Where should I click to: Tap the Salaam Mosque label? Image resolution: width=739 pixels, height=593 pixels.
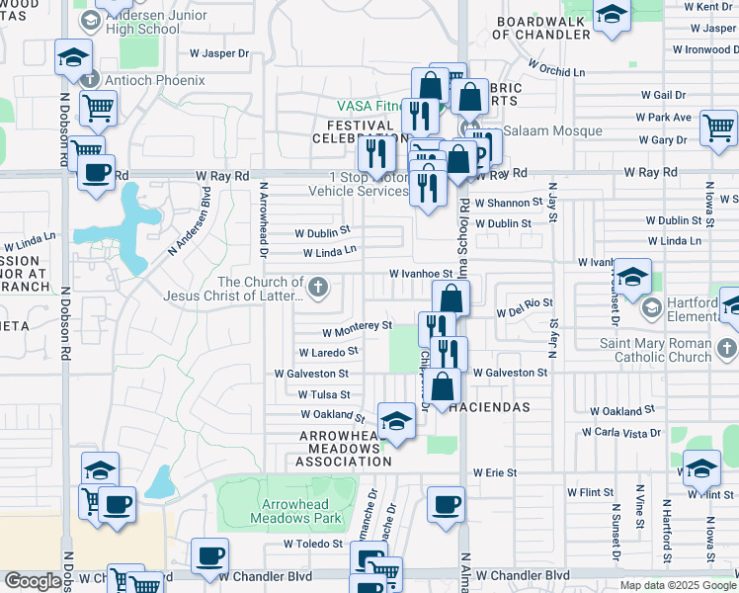pyautogui.click(x=538, y=131)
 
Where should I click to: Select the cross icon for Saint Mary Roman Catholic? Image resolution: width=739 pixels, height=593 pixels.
pyautogui.click(x=726, y=348)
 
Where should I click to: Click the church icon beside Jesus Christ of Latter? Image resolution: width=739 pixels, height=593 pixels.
pyautogui.click(x=317, y=289)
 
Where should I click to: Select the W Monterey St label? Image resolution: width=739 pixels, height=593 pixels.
pyautogui.click(x=357, y=325)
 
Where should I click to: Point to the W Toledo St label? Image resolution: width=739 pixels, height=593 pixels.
pyautogui.click(x=311, y=544)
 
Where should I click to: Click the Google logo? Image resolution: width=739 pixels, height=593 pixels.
pyautogui.click(x=33, y=581)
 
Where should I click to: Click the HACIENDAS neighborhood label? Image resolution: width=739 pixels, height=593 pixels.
pyautogui.click(x=491, y=407)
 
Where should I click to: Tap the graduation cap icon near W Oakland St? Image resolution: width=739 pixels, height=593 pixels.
pyautogui.click(x=396, y=421)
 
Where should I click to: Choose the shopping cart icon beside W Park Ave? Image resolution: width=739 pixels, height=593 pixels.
pyautogui.click(x=718, y=127)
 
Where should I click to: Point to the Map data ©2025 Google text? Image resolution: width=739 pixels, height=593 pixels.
pyautogui.click(x=677, y=585)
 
